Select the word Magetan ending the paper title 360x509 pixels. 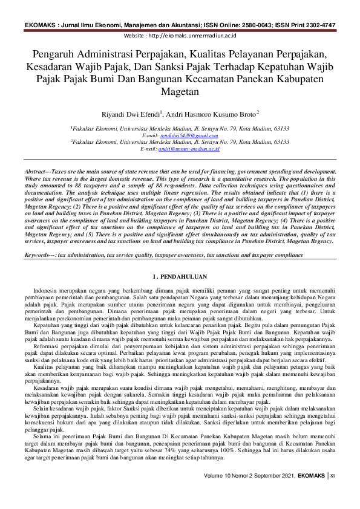click(x=180, y=92)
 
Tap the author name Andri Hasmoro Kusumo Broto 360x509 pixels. click(x=208, y=113)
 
